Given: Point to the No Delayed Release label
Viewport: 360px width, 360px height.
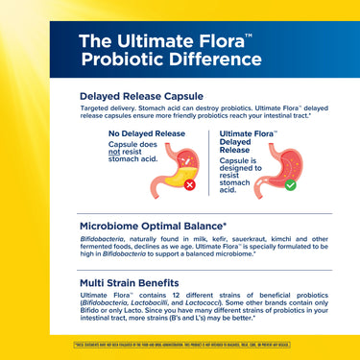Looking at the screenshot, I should (147, 133).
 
